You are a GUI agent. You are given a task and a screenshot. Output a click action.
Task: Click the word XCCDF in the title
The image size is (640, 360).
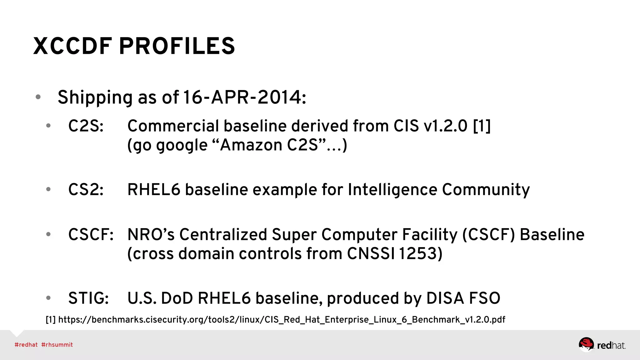pos(72,46)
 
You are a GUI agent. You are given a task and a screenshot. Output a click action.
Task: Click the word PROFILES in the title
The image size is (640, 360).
pos(177,46)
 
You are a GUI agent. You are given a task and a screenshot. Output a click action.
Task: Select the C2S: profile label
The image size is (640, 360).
pos(86,126)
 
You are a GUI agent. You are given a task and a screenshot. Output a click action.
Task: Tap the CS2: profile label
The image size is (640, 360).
pos(86,190)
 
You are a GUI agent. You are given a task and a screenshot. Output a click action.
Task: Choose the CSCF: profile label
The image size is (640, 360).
pos(91,235)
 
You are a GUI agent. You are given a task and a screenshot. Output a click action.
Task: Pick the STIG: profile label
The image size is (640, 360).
pos(88,298)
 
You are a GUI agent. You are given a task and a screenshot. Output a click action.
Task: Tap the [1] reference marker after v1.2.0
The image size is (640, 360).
pos(482,126)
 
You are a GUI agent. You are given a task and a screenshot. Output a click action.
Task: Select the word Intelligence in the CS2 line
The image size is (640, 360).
pos(392,190)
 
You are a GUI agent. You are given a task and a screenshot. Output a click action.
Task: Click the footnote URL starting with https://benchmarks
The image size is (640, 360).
pos(282,320)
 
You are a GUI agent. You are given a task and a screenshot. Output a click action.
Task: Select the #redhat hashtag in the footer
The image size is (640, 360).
pos(26,345)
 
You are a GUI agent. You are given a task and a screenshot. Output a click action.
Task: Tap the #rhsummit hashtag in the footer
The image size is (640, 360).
pos(57,345)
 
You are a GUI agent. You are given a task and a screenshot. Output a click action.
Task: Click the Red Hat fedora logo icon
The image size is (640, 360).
pos(586,344)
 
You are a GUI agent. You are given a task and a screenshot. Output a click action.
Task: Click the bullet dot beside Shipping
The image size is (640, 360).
pos(38,97)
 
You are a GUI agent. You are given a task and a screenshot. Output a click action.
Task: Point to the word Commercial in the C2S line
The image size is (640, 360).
pos(173,126)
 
